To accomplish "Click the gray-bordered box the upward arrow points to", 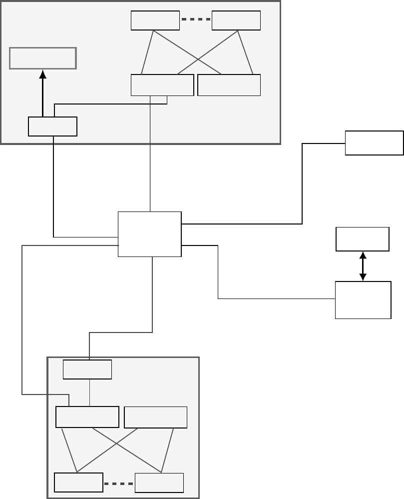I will click(43, 58).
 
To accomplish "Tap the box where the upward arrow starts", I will click(52, 126).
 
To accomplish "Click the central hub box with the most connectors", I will click(150, 234).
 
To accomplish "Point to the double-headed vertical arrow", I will click(363, 265).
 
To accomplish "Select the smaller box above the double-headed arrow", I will click(363, 239).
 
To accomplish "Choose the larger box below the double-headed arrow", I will click(363, 300).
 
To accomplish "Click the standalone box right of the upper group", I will click(374, 143).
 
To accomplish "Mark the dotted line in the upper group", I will click(196, 20).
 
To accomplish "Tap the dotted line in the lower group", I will click(119, 483).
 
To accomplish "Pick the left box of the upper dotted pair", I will click(155, 20).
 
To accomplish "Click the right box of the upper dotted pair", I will click(236, 20).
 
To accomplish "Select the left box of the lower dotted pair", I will click(78, 482).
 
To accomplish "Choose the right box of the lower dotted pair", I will click(159, 482).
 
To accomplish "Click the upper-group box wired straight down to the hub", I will click(162, 85).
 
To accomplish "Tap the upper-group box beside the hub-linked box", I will click(229, 85).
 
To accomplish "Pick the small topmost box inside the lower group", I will click(87, 370).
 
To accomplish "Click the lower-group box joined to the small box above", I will click(87, 417).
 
